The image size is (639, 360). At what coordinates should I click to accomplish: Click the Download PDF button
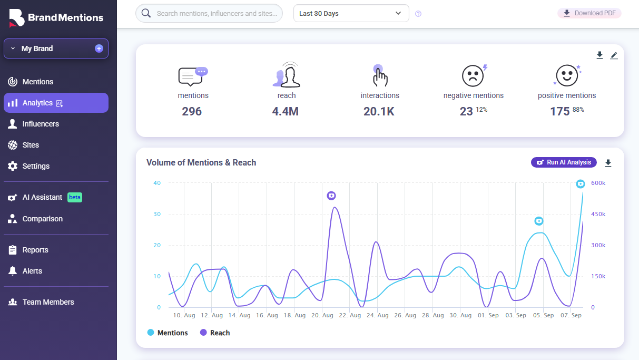pos(589,13)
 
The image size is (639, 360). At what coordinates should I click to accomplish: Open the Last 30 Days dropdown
pos(351,14)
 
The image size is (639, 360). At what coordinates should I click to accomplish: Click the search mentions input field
pos(216,14)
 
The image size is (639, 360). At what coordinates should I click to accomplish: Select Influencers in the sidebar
pos(41,124)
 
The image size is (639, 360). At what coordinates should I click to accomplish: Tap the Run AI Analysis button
pos(564,162)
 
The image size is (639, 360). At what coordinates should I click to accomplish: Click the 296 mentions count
pos(192,111)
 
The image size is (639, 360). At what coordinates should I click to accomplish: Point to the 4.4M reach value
pos(286,111)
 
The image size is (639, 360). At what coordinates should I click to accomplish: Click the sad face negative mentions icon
pos(473,76)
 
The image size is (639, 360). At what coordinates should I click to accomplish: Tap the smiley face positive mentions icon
pos(567,76)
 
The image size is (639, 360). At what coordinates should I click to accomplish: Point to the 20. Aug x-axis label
pos(322,315)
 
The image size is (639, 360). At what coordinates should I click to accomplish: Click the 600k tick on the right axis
pos(597,183)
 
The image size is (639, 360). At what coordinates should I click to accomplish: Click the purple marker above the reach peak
pos(331,196)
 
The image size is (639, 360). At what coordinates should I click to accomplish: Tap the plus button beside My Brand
pos(99,48)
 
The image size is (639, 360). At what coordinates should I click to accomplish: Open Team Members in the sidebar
pos(48,302)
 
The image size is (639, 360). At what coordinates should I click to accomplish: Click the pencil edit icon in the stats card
pos(614,55)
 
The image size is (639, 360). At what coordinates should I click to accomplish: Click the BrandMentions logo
pos(56,17)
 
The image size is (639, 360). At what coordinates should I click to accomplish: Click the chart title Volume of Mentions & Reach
pos(201,162)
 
